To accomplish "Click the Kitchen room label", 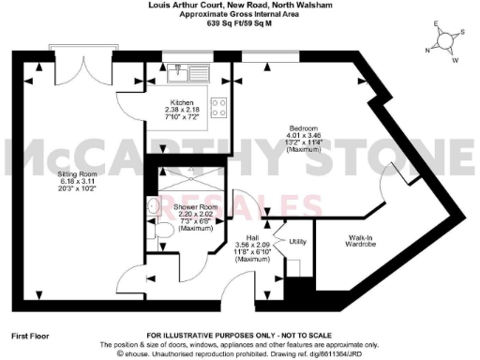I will (181, 101).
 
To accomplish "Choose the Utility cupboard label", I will (299, 241).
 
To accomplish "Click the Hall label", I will (252, 238).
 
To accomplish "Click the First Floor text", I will (31, 335).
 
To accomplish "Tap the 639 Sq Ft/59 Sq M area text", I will (239, 23).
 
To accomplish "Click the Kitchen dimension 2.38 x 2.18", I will (181, 110).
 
